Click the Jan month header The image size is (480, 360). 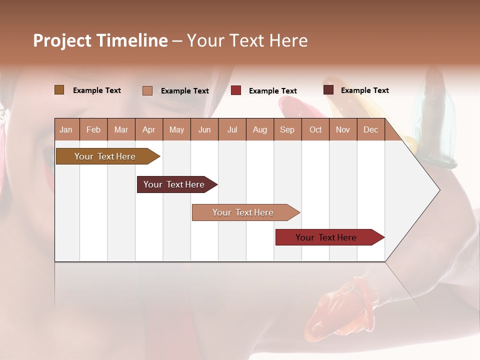point(66,129)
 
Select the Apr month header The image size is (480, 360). point(148,129)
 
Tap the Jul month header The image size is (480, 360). point(232,129)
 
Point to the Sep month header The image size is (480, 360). point(287,129)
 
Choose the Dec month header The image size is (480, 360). point(370,129)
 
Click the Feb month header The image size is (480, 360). point(93,129)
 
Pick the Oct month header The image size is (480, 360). point(315,129)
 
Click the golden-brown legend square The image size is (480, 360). point(59,90)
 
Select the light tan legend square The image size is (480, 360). point(147,90)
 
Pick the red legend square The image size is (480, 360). point(235,90)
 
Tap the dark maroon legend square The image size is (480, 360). point(328,90)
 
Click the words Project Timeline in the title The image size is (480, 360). point(100,40)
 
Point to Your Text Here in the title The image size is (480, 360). point(247,40)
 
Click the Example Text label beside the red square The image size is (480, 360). point(272,91)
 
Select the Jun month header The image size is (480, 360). point(204,129)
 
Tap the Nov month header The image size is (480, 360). point(343,129)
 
